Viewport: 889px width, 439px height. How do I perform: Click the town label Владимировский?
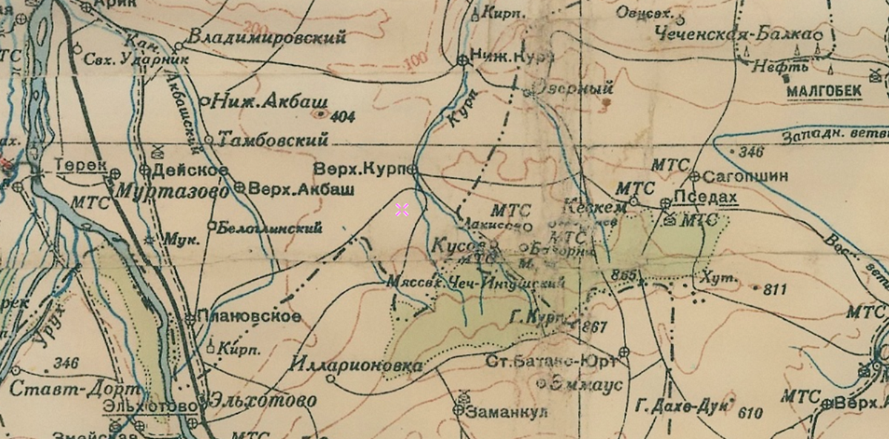click(x=267, y=36)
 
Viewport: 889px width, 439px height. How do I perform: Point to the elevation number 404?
click(x=344, y=116)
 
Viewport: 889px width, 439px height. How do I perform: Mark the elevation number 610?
click(x=750, y=413)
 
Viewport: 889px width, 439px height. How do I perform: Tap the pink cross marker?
click(x=402, y=210)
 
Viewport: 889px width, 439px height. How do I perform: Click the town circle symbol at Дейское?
click(x=145, y=171)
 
